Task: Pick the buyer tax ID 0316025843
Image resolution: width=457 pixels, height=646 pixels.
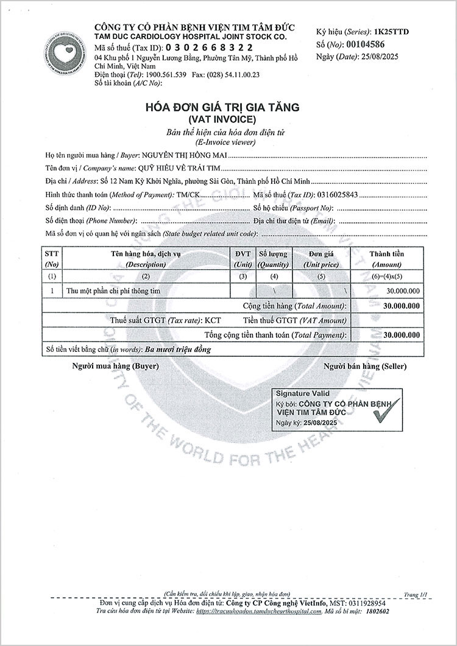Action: (336, 195)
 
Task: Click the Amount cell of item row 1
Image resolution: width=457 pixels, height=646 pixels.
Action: (402, 291)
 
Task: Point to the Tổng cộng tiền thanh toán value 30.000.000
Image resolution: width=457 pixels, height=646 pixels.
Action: (402, 335)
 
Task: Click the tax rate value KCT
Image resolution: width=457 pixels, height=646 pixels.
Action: (213, 320)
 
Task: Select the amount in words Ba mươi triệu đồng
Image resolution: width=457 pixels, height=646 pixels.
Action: (179, 350)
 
